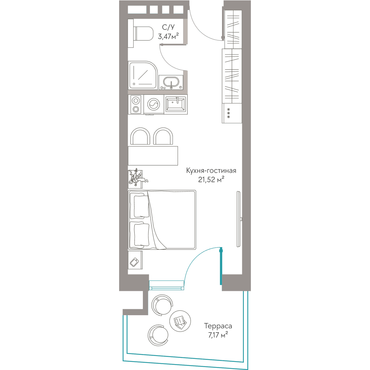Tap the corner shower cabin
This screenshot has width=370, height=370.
(142, 75)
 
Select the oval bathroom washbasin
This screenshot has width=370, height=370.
(171, 83)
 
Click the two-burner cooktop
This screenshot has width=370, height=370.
(136, 105)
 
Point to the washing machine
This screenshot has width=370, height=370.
(154, 105)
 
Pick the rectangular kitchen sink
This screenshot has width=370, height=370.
(175, 104)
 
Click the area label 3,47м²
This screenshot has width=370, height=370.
(168, 36)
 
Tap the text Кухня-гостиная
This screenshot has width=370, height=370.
(211, 170)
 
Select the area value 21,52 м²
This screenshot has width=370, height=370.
(211, 179)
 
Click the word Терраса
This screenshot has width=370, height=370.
(218, 326)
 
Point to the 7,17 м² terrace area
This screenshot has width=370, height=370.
(218, 334)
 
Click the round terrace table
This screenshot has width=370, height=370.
(180, 321)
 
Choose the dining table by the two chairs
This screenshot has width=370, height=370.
(153, 156)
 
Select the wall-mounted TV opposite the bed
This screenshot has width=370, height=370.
(239, 219)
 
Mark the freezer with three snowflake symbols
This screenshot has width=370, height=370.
(232, 113)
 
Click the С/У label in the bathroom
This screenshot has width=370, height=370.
(168, 27)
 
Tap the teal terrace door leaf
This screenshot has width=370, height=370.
(221, 266)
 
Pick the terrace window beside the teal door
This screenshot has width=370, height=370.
(166, 285)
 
